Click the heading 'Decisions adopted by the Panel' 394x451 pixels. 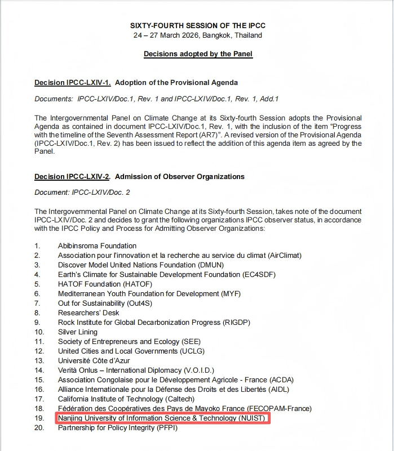[x=198, y=54]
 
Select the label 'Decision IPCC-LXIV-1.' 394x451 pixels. [x=72, y=83]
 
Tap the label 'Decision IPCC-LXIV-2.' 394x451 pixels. [x=72, y=176]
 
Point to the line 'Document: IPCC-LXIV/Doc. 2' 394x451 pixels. [x=82, y=193]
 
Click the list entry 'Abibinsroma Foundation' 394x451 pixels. [x=97, y=245]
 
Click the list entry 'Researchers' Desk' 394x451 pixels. [x=88, y=313]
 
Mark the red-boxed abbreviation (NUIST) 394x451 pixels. [x=246, y=418]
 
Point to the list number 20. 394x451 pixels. [x=39, y=428]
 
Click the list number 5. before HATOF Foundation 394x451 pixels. [x=37, y=284]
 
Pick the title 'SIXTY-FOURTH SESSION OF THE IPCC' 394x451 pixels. [x=198, y=26]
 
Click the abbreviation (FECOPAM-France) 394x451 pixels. [x=280, y=409]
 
